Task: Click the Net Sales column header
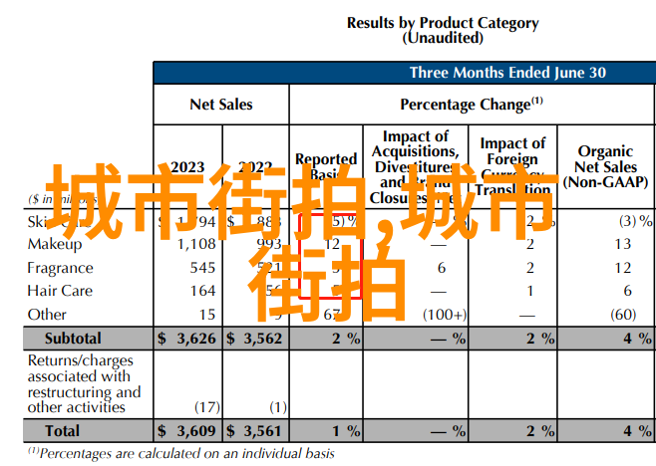221,104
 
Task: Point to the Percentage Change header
471,104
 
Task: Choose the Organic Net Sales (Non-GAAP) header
606,166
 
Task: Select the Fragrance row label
60,268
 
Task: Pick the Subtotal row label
72,339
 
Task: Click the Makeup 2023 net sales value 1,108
196,244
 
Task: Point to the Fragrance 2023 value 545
202,268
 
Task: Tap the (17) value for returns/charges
207,406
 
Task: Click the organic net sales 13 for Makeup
623,244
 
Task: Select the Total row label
62,430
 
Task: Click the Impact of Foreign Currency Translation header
512,166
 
